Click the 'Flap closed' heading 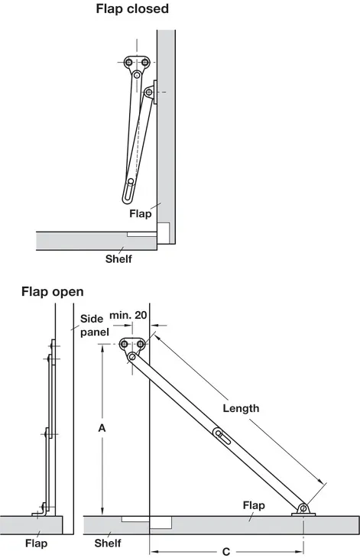pyautogui.click(x=132, y=8)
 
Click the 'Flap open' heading pyautogui.click(x=53, y=291)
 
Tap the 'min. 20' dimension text pyautogui.click(x=128, y=315)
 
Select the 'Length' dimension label pyautogui.click(x=241, y=408)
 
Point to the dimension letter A pyautogui.click(x=102, y=428)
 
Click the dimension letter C pyautogui.click(x=226, y=552)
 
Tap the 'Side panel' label pyautogui.click(x=94, y=326)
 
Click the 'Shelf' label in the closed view pyautogui.click(x=118, y=258)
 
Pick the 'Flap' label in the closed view pyautogui.click(x=140, y=213)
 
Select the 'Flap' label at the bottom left pyautogui.click(x=36, y=543)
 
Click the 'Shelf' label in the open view pyautogui.click(x=108, y=543)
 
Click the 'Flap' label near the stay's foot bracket pyautogui.click(x=254, y=505)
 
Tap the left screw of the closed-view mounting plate pyautogui.click(x=128, y=63)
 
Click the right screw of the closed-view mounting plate pyautogui.click(x=145, y=63)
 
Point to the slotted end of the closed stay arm pyautogui.click(x=128, y=191)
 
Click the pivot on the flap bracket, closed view pyautogui.click(x=149, y=92)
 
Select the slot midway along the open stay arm pyautogui.click(x=222, y=436)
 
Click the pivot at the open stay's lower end pyautogui.click(x=303, y=508)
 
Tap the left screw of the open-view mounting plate pyautogui.click(x=124, y=344)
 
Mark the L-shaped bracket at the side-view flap pyautogui.click(x=42, y=511)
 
